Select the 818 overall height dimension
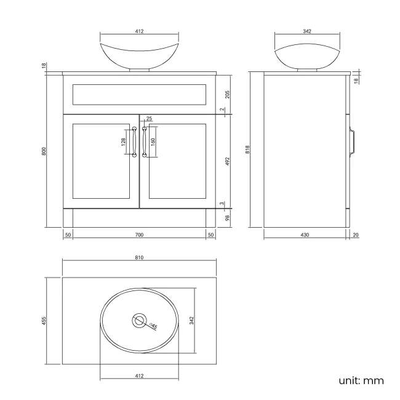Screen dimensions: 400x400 pos(247,150)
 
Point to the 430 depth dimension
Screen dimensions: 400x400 pos(304,235)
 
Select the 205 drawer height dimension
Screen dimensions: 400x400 pos(227,94)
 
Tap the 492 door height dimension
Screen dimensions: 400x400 pos(227,161)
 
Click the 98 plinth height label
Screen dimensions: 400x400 pos(227,217)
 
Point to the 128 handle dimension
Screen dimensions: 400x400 pos(124,142)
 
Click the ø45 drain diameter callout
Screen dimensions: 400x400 pos(153,326)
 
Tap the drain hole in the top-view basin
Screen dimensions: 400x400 pos(140,321)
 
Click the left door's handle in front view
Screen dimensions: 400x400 pos(134,142)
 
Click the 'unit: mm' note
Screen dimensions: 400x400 pos(361,380)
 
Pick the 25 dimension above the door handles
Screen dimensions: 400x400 pos(149,119)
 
